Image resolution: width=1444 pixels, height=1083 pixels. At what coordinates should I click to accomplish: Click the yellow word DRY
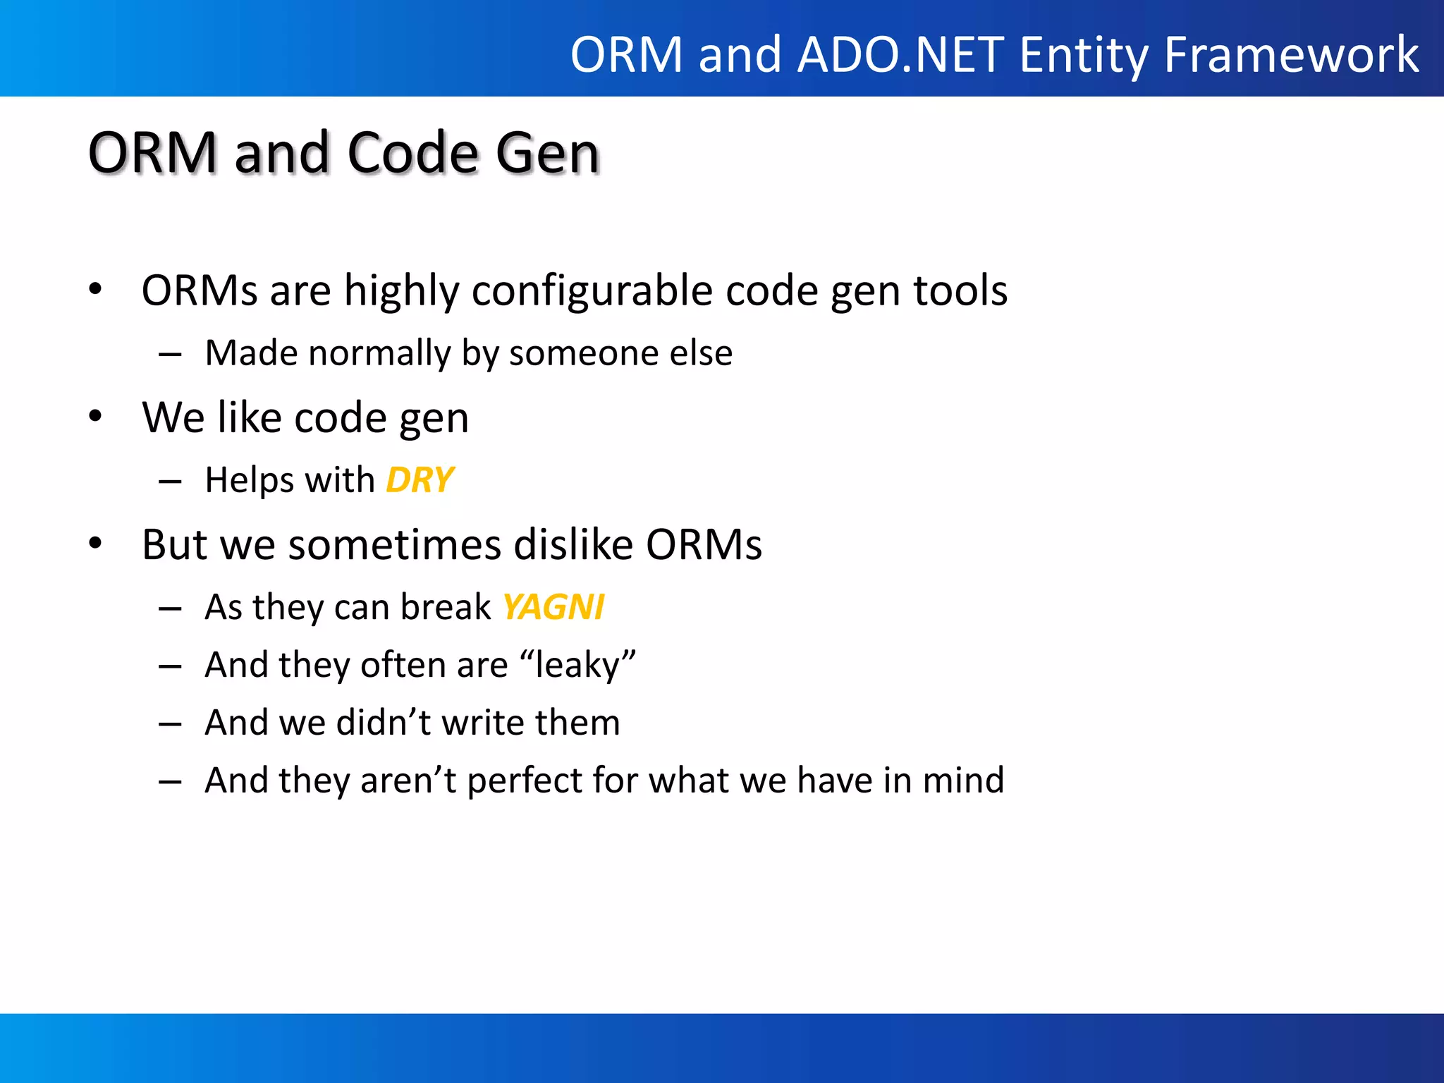420,480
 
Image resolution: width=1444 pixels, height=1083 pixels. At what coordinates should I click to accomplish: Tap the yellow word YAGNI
553,607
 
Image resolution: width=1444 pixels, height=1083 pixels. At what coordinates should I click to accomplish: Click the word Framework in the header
1291,55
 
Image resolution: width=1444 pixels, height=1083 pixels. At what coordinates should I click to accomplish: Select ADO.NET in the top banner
900,55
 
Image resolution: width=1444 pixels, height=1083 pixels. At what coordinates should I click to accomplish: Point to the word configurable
592,290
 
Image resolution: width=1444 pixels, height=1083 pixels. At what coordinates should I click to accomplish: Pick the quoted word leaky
577,665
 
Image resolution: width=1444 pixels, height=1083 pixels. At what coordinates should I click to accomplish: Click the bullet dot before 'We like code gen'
96,416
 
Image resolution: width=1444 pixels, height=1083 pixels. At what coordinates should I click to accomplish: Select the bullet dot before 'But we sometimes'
96,544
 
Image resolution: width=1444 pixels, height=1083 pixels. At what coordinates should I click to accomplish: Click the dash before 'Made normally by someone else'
170,354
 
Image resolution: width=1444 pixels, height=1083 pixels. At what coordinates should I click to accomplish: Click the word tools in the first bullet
960,290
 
